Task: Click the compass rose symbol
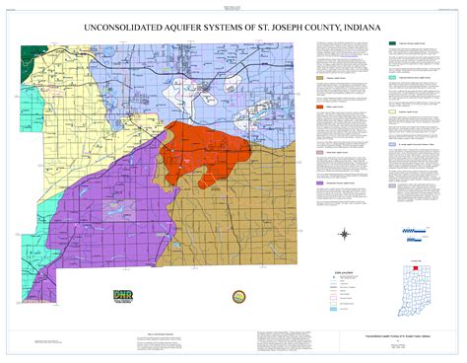[346, 234]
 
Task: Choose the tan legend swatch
[320, 76]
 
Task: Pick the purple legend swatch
[320, 183]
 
